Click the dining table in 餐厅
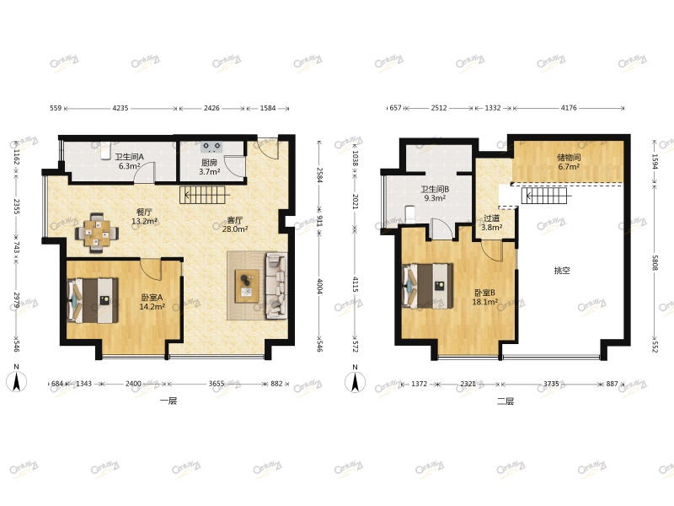click(x=97, y=234)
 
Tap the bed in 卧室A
click(x=93, y=301)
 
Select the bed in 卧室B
click(x=427, y=286)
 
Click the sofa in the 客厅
click(x=276, y=286)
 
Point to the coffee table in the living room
click(x=247, y=286)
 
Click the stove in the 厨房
click(x=211, y=147)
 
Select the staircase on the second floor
click(x=545, y=196)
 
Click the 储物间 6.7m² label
click(x=569, y=162)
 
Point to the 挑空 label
click(x=562, y=271)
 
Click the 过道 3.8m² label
click(x=491, y=223)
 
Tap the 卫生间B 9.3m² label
click(x=435, y=194)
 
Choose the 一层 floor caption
click(x=168, y=401)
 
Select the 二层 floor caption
click(x=505, y=401)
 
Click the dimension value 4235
click(x=120, y=108)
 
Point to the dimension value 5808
click(x=655, y=262)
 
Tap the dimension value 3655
click(x=217, y=384)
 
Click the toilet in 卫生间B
click(x=410, y=214)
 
